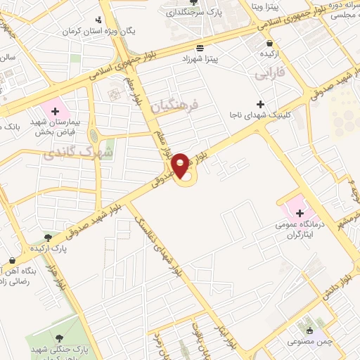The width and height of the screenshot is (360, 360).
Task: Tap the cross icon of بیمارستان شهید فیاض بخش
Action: coord(55,110)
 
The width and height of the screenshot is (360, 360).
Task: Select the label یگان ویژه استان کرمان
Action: coord(131,31)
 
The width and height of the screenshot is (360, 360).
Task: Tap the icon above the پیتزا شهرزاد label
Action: coord(201,48)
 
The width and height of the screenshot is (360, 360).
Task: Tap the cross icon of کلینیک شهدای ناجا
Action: coord(261,104)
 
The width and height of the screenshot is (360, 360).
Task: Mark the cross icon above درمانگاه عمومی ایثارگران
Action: coord(300,213)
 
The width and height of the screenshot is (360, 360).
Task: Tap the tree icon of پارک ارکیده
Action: coord(48,238)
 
